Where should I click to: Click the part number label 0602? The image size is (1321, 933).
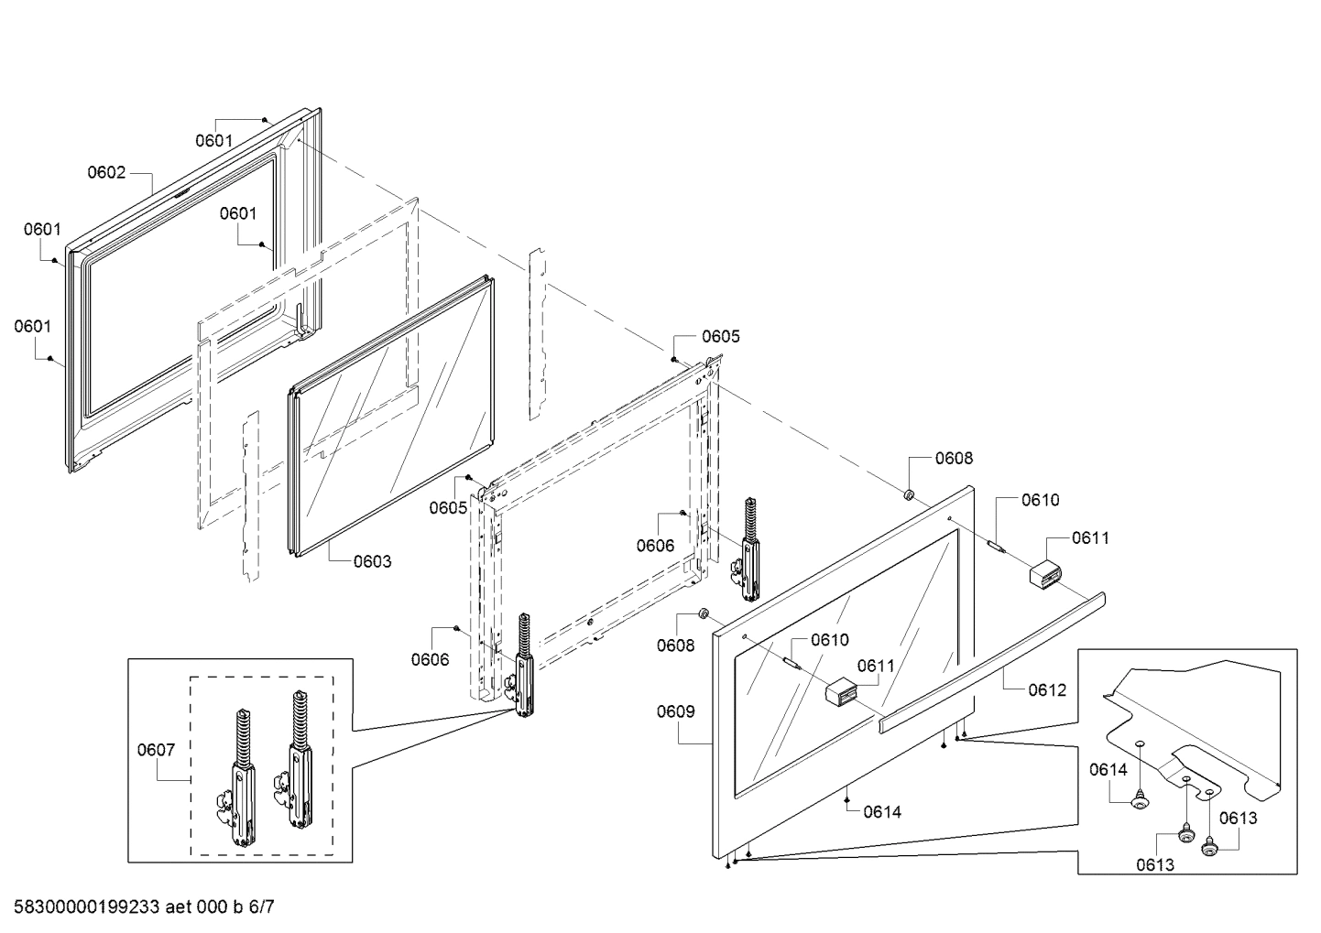[106, 172]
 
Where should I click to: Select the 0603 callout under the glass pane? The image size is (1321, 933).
[372, 560]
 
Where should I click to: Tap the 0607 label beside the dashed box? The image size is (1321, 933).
[156, 750]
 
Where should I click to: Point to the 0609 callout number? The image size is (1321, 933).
[675, 711]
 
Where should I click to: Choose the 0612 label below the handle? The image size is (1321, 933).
[1047, 689]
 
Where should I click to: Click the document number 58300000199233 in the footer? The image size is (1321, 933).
[82, 907]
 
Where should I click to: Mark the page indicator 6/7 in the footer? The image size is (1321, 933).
[261, 907]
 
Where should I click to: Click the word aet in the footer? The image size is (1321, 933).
[180, 907]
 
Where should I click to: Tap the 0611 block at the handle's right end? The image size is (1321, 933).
[1044, 575]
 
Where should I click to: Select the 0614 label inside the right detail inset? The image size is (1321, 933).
[1108, 770]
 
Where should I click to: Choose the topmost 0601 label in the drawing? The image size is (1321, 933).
[214, 140]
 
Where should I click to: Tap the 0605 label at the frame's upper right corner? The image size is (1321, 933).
[721, 336]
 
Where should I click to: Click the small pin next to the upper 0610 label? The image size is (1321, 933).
[995, 545]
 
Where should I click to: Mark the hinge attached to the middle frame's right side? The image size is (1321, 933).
[749, 554]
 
